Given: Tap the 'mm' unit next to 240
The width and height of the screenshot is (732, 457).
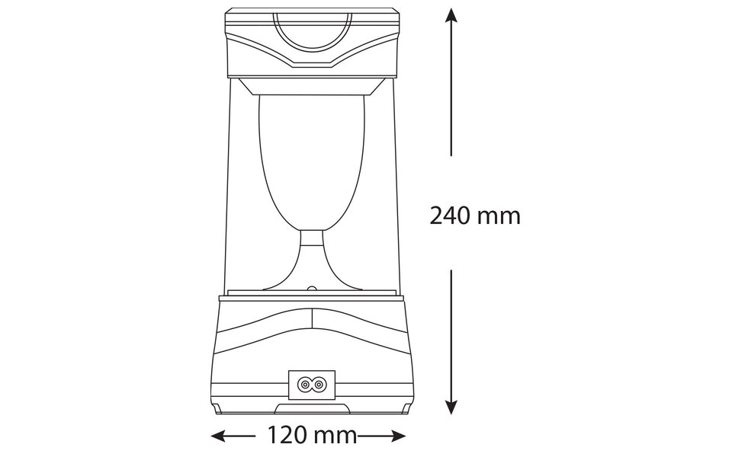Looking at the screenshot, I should (499, 216).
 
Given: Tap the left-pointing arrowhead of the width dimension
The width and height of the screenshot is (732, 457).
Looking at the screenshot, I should (218, 436).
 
